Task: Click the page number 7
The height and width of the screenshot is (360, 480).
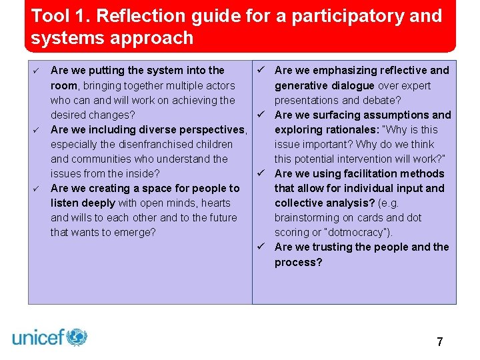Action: coord(439,342)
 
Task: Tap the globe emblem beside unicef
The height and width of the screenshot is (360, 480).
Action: coord(77,337)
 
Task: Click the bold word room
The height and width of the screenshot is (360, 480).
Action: coord(65,85)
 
